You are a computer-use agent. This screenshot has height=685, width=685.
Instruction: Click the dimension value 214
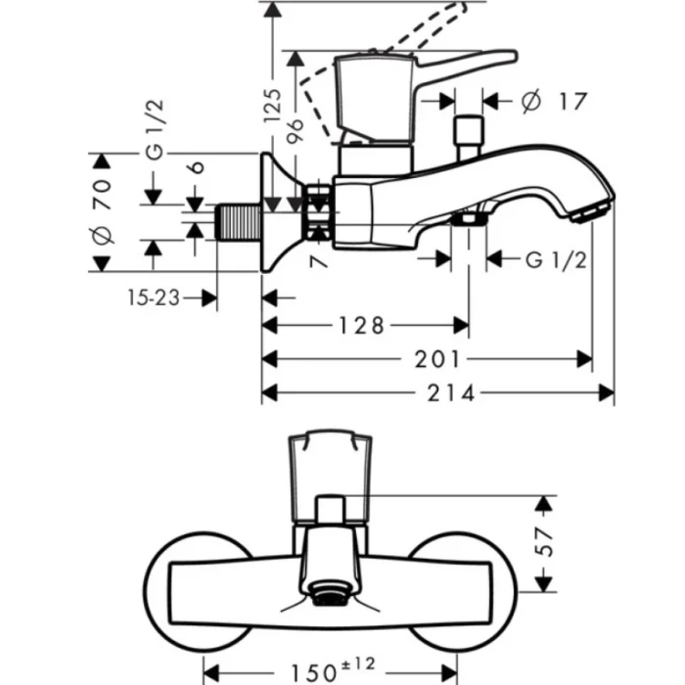pos(452,393)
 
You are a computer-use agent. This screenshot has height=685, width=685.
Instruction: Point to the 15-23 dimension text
pos(152,297)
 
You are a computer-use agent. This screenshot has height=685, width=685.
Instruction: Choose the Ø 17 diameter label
pos(553,100)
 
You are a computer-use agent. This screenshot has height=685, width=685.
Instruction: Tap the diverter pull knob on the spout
pos(469,134)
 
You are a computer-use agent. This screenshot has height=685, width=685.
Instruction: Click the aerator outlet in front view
pos(330,592)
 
